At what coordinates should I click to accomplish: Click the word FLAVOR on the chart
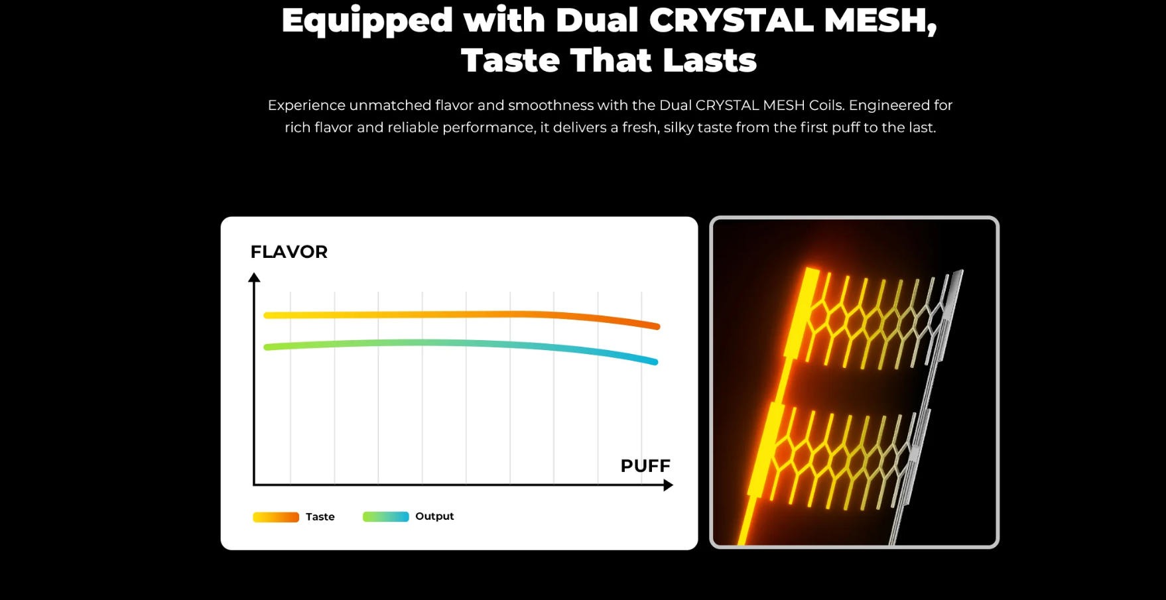[289, 252]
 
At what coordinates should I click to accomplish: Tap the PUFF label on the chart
[645, 466]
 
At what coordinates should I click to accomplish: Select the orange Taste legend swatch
[276, 517]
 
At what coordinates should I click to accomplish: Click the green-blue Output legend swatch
[385, 517]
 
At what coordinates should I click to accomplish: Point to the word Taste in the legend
[320, 517]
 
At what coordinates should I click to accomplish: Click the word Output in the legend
[434, 516]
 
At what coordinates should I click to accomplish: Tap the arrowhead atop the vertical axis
[254, 278]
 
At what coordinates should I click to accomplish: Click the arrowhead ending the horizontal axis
[668, 485]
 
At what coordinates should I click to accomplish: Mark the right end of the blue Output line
[655, 362]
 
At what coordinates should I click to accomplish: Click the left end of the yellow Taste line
[267, 316]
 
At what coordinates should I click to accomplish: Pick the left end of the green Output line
[267, 347]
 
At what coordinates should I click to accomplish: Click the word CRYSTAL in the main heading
[731, 20]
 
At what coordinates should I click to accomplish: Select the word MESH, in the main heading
[880, 20]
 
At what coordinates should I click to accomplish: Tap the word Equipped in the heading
[367, 21]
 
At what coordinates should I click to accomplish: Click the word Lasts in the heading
[710, 60]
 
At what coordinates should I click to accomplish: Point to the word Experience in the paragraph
[306, 105]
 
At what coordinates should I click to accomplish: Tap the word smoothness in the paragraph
[551, 105]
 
